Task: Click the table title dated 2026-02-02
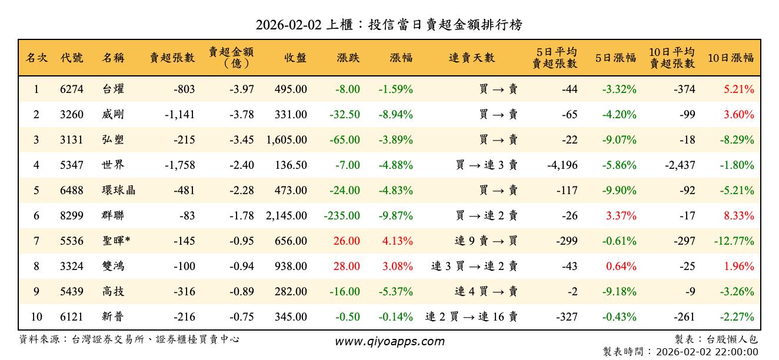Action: pyautogui.click(x=389, y=25)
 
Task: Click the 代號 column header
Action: pyautogui.click(x=72, y=58)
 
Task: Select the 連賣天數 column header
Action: pyautogui.click(x=471, y=58)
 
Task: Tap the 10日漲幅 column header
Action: pyautogui.click(x=730, y=58)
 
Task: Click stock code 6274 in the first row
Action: pyautogui.click(x=72, y=89)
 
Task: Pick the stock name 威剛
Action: pyautogui.click(x=113, y=115)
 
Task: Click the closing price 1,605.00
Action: pyautogui.click(x=287, y=140)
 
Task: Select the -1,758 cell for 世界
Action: pyautogui.click(x=179, y=165)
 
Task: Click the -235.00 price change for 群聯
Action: pyautogui.click(x=342, y=216)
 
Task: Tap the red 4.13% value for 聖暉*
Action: pyautogui.click(x=397, y=241)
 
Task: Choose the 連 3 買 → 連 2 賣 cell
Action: pyautogui.click(x=474, y=266)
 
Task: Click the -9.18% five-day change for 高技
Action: pyautogui.click(x=619, y=292)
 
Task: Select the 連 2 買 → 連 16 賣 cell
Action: pyautogui.click(x=471, y=317)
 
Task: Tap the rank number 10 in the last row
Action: pyautogui.click(x=36, y=317)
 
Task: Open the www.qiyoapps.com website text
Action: pyautogui.click(x=389, y=341)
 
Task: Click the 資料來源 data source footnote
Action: pyautogui.click(x=129, y=339)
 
